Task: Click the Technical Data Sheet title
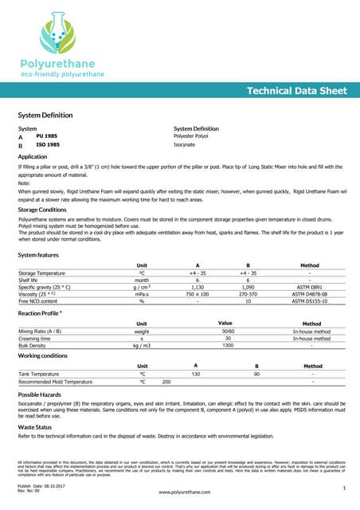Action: point(296,91)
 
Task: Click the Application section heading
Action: point(33,157)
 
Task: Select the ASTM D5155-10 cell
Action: point(310,300)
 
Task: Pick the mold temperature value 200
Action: point(166,382)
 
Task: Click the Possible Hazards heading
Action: point(39,395)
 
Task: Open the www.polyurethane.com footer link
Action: point(185,493)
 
